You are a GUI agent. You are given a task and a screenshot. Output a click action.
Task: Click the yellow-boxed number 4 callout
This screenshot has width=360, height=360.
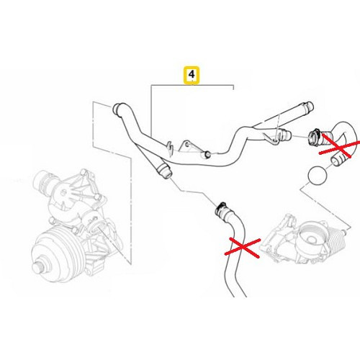192,75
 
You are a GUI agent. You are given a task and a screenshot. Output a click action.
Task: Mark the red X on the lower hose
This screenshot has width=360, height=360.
243,247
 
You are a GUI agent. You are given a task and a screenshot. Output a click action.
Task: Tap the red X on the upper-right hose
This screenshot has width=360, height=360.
340,146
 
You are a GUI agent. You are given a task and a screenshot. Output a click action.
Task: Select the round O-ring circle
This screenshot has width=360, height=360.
318,175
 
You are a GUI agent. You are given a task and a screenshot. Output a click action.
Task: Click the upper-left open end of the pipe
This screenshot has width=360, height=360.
116,108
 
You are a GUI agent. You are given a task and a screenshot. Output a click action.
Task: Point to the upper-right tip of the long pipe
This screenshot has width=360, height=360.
310,106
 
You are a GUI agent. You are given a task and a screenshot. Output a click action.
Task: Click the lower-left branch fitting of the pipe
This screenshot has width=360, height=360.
163,171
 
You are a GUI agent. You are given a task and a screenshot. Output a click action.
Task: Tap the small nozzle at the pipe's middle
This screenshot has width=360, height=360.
206,155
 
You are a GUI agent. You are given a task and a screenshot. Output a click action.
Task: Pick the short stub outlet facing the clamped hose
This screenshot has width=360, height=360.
285,135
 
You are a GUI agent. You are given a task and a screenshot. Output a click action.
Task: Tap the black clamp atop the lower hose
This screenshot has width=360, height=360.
220,208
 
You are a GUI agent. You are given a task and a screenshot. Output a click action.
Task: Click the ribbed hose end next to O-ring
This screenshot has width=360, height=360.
337,160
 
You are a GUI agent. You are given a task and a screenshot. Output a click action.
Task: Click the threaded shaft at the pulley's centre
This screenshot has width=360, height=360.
38,267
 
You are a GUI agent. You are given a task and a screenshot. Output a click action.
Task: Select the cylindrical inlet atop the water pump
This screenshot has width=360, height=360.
45,182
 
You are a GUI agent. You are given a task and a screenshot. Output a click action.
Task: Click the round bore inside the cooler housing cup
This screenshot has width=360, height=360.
311,239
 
